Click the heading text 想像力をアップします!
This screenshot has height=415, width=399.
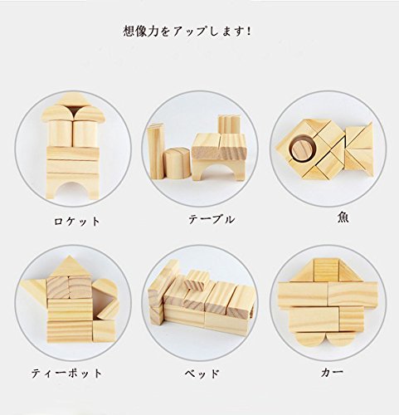[x=187, y=31]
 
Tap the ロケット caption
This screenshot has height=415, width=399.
[x=76, y=222]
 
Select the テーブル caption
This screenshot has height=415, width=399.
[x=212, y=219]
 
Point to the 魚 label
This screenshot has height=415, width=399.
[x=343, y=217]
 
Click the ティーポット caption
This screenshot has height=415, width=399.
[x=66, y=373]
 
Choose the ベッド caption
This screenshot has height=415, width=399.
[x=202, y=373]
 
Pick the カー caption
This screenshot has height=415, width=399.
[x=332, y=373]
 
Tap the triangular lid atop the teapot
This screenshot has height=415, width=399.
[x=69, y=266]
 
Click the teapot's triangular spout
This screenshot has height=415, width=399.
[x=35, y=289]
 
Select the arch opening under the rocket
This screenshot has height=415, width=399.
[x=72, y=190]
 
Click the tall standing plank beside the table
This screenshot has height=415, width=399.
[x=156, y=151]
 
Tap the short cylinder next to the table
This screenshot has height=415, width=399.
[x=177, y=164]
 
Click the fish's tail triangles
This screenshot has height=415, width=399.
[x=358, y=148]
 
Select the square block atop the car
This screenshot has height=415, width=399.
[x=326, y=270]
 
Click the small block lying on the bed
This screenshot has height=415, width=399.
[x=197, y=281]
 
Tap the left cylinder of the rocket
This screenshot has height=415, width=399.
[x=61, y=133]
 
